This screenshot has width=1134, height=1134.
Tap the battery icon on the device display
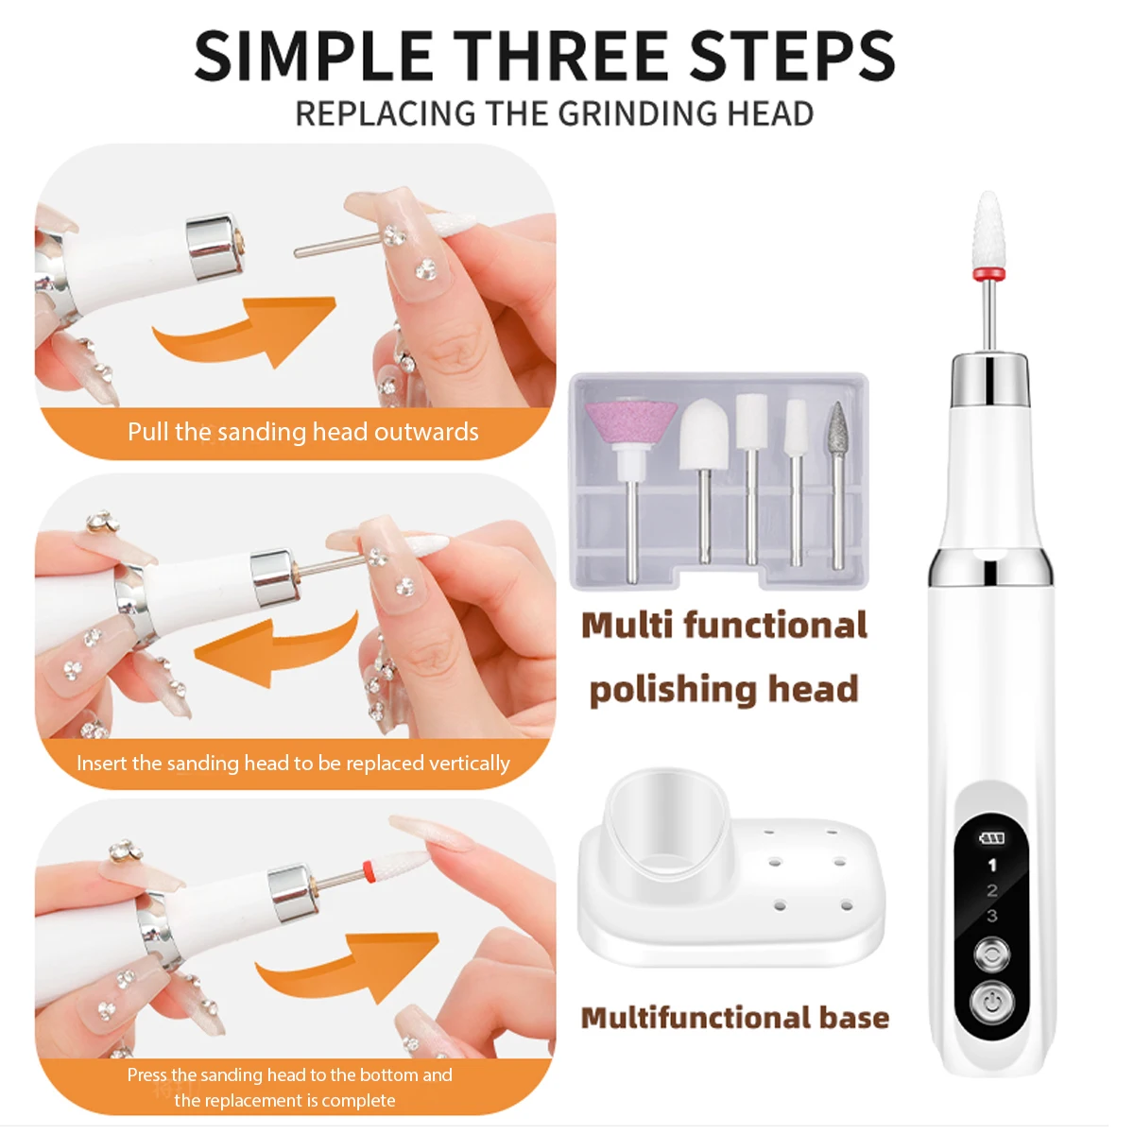[991, 837]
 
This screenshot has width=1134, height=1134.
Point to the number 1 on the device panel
[991, 865]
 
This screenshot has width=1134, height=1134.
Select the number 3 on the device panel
[991, 915]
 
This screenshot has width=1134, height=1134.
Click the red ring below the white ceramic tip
[988, 274]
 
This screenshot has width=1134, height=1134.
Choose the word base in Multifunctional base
[854, 1018]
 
